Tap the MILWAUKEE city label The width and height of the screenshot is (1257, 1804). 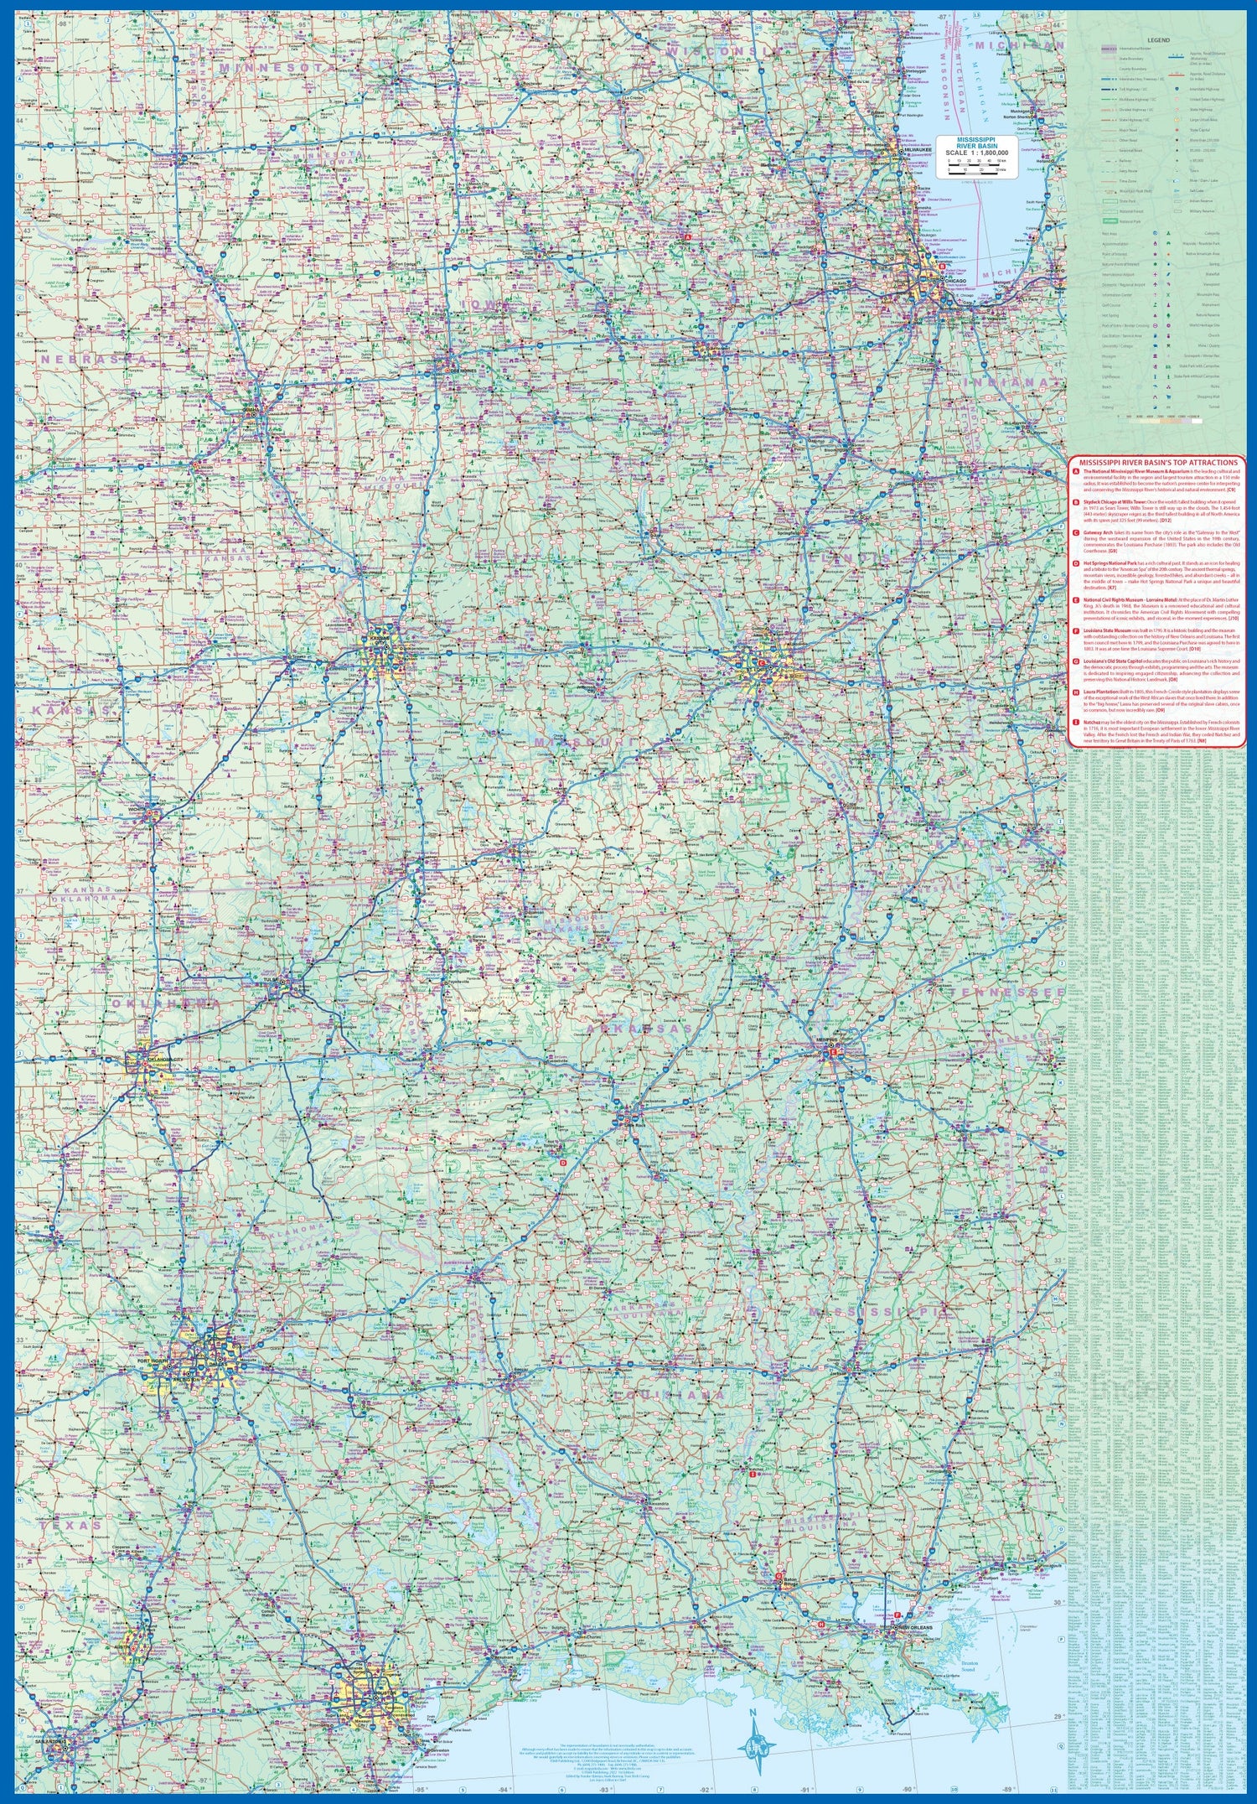918,151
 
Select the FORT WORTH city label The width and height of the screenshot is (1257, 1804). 153,1371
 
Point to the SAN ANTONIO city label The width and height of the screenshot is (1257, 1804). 52,1759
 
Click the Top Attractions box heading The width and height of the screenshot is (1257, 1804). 1158,462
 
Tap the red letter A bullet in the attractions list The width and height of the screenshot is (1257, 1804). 1075,472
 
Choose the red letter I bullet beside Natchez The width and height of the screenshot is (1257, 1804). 1075,721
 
